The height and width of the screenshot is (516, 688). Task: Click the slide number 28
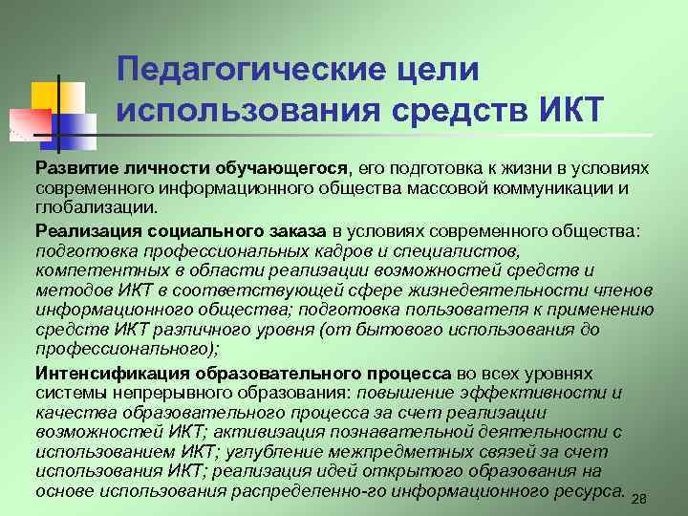[640, 498]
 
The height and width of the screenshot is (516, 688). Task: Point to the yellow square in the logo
[50, 97]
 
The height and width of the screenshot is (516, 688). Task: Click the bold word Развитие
[75, 168]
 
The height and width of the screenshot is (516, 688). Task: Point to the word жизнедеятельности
[480, 290]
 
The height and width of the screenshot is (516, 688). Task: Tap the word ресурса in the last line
[588, 491]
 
